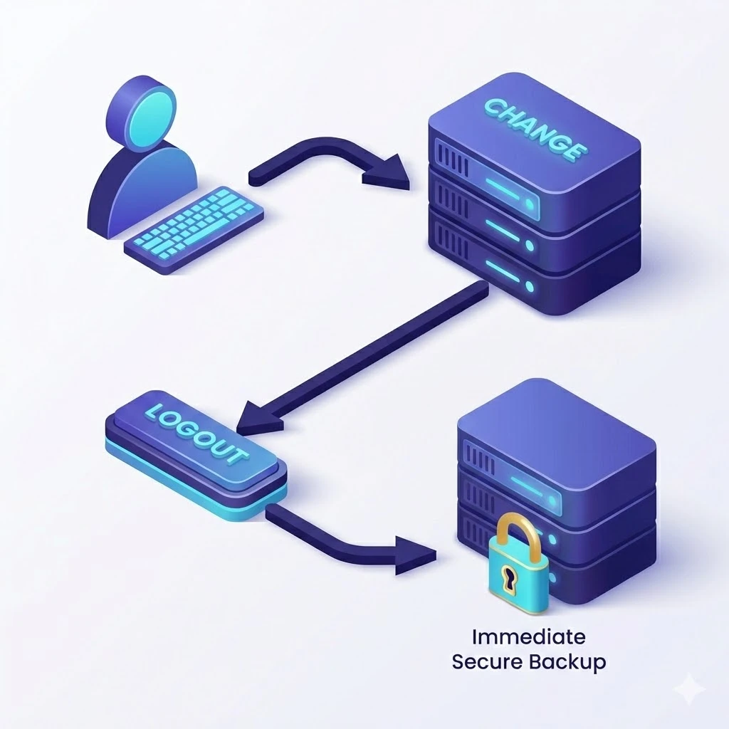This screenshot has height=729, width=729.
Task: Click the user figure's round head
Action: coord(140,110)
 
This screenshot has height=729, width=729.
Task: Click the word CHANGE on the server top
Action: coord(534,128)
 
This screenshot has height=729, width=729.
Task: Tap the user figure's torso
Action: coord(142,185)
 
